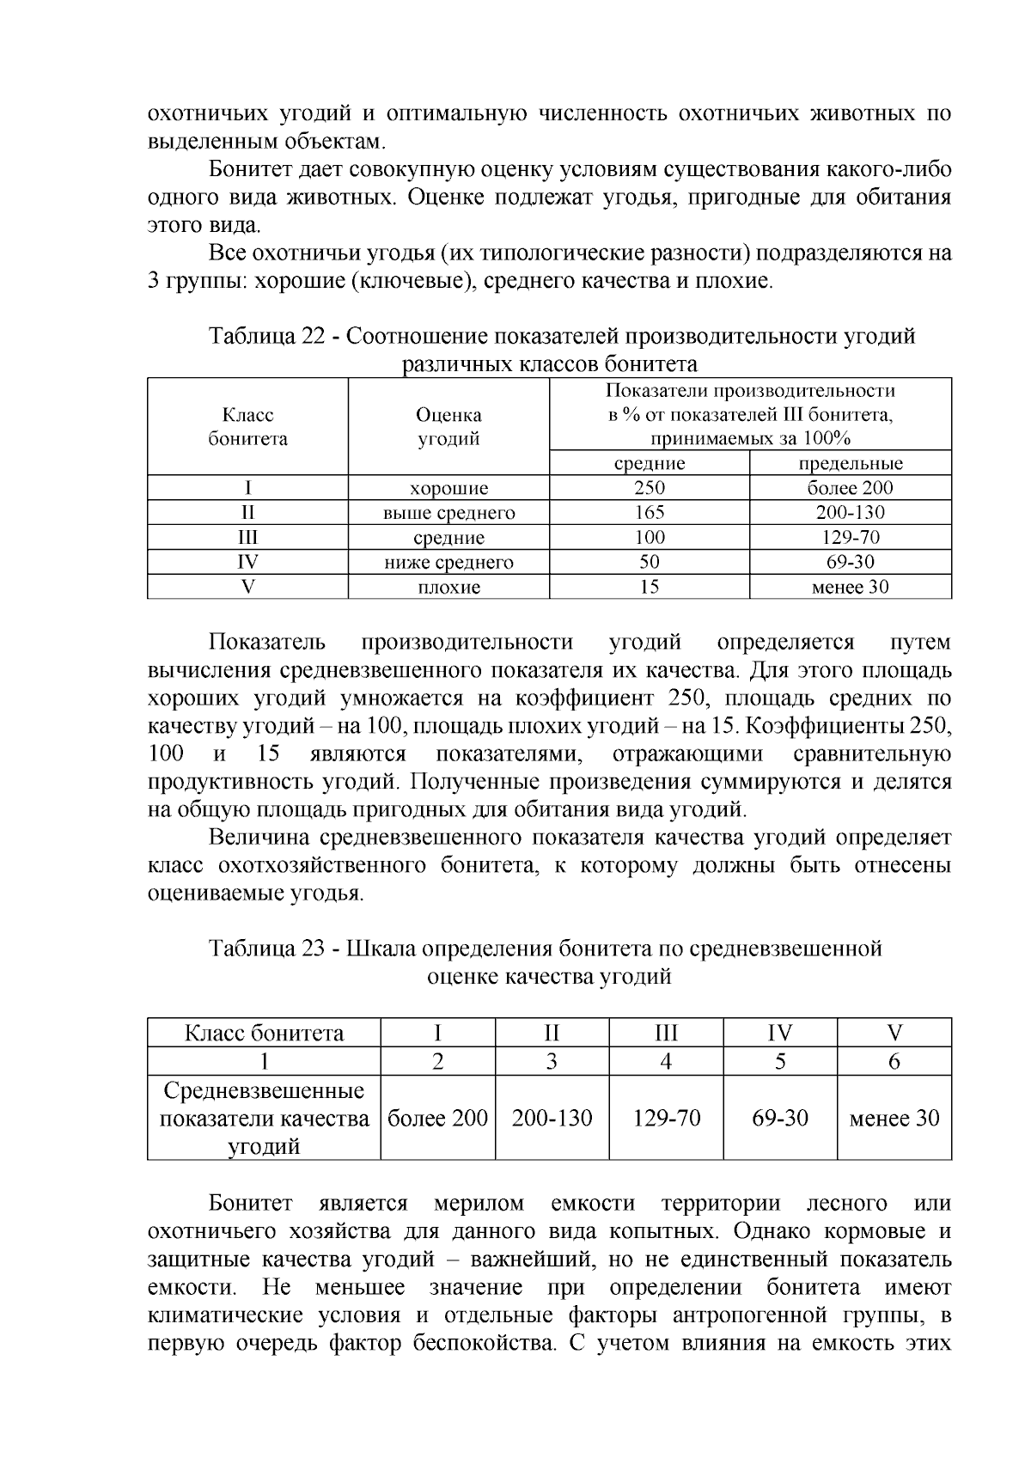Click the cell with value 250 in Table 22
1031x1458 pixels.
(x=650, y=488)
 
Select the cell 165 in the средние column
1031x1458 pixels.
(x=650, y=513)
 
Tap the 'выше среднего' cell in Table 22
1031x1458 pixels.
(x=448, y=513)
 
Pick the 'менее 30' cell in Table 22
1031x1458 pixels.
(x=850, y=587)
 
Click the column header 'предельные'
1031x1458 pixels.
(x=850, y=463)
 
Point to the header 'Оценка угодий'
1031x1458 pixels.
(x=448, y=426)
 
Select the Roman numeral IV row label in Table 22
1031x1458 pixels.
(x=247, y=562)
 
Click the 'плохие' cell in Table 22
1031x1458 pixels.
(x=448, y=587)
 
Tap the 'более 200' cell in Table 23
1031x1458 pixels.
(x=437, y=1118)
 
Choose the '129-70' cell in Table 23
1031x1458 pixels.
(x=666, y=1118)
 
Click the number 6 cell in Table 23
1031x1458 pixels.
(x=894, y=1061)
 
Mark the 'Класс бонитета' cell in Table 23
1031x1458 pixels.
(x=264, y=1033)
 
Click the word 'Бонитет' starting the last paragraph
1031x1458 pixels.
(x=250, y=1204)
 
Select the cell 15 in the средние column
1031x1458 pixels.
(x=650, y=587)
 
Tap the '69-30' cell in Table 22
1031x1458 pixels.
(x=850, y=562)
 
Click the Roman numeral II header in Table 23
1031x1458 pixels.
(x=552, y=1033)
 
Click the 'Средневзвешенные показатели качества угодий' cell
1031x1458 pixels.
(x=264, y=1118)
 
